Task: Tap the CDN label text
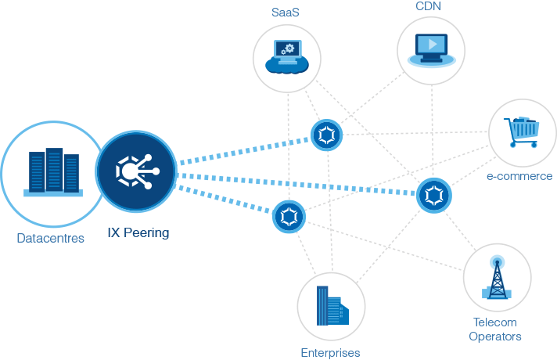[429, 6]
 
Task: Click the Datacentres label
[50, 239]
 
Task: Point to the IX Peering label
[138, 232]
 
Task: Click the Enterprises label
[330, 353]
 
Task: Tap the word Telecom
[494, 322]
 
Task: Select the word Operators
[494, 337]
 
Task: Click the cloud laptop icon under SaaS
[287, 56]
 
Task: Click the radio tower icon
[497, 278]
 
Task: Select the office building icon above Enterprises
[330, 306]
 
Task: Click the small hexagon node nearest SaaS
[325, 135]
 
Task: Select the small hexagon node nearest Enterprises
[289, 216]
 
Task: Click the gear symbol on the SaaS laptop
[289, 49]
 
